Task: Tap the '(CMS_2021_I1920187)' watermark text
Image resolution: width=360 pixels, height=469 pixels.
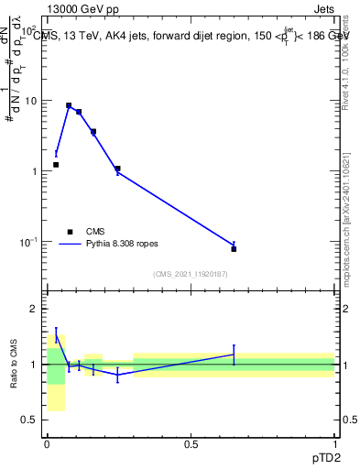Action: click(190, 274)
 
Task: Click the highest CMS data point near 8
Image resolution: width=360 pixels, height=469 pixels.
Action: click(69, 105)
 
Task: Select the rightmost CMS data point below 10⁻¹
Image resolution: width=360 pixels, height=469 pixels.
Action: click(234, 249)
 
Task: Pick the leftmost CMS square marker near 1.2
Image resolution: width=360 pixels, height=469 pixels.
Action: click(56, 165)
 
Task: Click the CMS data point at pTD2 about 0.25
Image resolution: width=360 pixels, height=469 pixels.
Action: click(117, 169)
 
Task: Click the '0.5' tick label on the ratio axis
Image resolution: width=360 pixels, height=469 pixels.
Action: click(31, 420)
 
